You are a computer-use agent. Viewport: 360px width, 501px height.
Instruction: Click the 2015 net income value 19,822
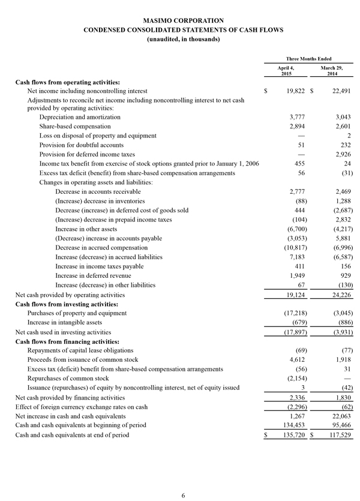pyautogui.click(x=295, y=91)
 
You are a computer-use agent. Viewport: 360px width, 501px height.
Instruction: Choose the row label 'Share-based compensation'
pyautogui.click(x=75, y=127)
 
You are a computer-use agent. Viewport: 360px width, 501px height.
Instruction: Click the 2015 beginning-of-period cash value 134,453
pyautogui.click(x=293, y=425)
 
